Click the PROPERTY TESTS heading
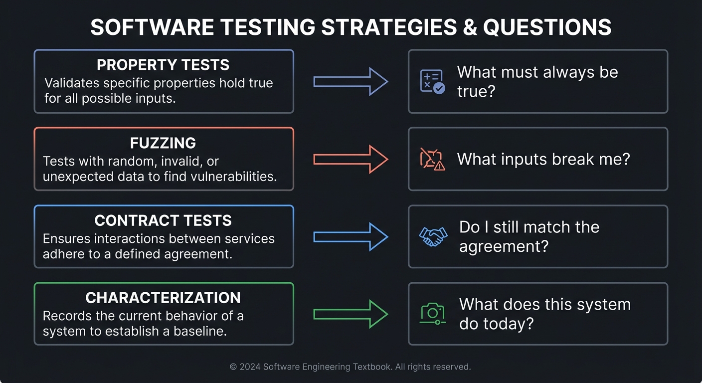[x=163, y=65]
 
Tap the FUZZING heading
[x=163, y=143]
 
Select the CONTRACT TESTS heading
[x=163, y=220]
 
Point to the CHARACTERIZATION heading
[x=163, y=298]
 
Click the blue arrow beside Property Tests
[x=351, y=81]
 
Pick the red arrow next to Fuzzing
[x=351, y=159]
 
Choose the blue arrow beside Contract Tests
[x=351, y=236]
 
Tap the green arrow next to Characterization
[x=351, y=314]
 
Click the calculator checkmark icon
[x=432, y=82]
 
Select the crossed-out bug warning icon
[x=432, y=159]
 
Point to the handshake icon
[x=433, y=236]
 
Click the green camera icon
[x=432, y=314]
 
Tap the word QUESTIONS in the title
[x=547, y=27]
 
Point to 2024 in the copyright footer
[x=250, y=367]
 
